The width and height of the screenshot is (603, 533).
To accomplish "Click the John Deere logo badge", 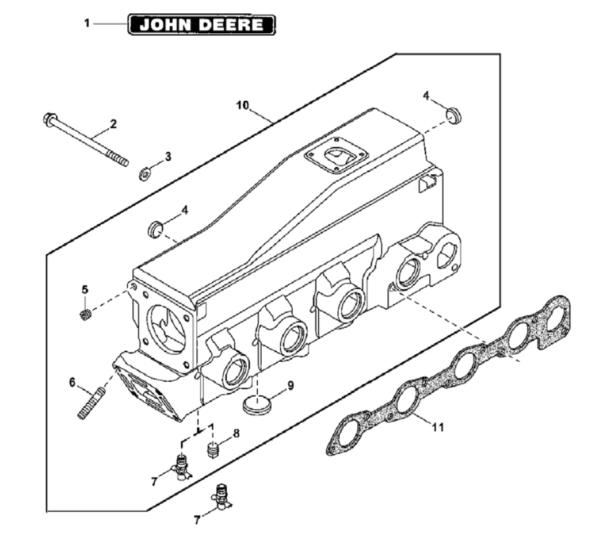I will point(202,24).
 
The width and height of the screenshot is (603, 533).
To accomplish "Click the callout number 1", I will point(87,24).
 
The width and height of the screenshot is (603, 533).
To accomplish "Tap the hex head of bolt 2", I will point(49,119).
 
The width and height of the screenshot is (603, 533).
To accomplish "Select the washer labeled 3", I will point(146,172).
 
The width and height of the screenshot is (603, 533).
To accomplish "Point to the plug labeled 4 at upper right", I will point(454,114).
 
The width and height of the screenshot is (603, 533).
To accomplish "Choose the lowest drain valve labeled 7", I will point(221,497).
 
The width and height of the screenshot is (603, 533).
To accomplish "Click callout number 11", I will point(438,427).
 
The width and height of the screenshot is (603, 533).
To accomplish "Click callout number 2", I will point(113,124).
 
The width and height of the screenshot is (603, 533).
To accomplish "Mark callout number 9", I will point(290,385).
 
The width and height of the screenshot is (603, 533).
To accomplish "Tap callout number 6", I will point(72,381).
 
